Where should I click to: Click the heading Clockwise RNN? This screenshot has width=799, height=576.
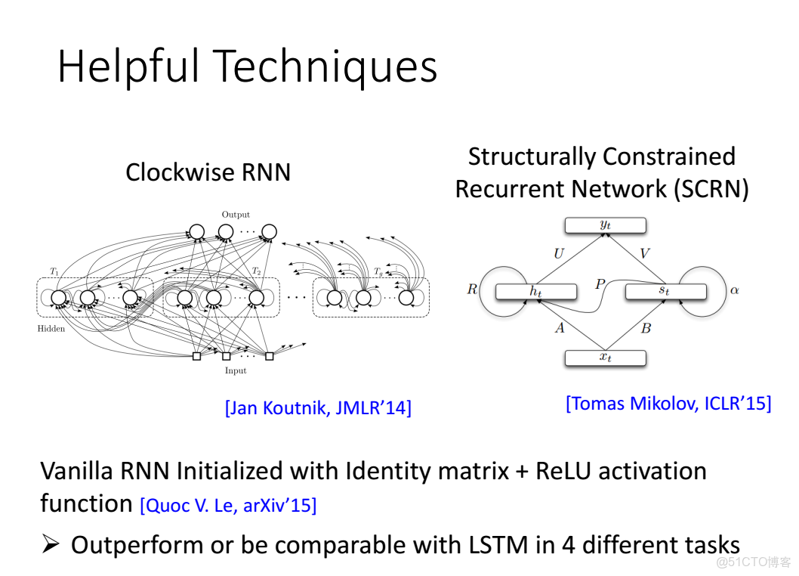pyautogui.click(x=208, y=172)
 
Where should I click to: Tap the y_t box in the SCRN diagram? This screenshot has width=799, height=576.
pyautogui.click(x=606, y=225)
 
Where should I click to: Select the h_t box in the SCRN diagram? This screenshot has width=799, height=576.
pyautogui.click(x=535, y=291)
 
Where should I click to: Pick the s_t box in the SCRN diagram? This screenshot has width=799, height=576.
pyautogui.click(x=665, y=291)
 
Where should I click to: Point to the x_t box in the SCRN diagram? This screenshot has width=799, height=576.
pyautogui.click(x=606, y=358)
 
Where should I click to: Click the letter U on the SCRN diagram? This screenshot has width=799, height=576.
pyautogui.click(x=559, y=254)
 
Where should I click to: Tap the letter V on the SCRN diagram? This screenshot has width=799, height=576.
pyautogui.click(x=644, y=254)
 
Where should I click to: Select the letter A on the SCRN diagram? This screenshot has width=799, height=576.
pyautogui.click(x=560, y=327)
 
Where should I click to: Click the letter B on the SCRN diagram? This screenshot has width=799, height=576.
pyautogui.click(x=646, y=327)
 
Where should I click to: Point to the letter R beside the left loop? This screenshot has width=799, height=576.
pyautogui.click(x=472, y=289)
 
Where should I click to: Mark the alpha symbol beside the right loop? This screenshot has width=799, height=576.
pyautogui.click(x=733, y=290)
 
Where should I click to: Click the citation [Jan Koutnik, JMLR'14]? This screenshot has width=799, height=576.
pyautogui.click(x=318, y=408)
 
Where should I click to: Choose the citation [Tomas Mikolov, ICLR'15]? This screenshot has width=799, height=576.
pyautogui.click(x=668, y=404)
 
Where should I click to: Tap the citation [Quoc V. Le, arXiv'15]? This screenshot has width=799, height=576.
pyautogui.click(x=228, y=505)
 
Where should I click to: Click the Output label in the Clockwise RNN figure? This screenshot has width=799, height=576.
pyautogui.click(x=236, y=215)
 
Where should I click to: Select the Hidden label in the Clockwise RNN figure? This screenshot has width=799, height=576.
pyautogui.click(x=51, y=329)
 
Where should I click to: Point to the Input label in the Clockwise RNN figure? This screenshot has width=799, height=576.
pyautogui.click(x=236, y=370)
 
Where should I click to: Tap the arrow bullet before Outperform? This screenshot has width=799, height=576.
pyautogui.click(x=51, y=544)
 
